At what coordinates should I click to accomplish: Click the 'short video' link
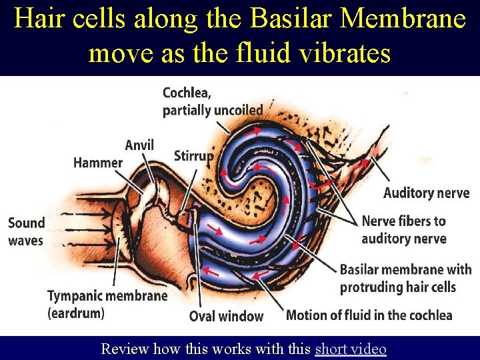coord(350,349)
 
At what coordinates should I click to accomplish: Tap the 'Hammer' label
coord(98,162)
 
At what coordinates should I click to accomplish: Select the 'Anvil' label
coord(139,145)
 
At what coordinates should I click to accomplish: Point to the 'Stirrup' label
coord(193,156)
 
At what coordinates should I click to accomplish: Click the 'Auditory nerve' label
coord(426,193)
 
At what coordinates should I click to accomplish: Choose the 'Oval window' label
coord(226,316)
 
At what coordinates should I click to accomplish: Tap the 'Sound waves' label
coord(26,231)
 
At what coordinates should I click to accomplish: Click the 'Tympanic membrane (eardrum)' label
coord(107,303)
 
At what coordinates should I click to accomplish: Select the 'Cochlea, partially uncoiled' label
coord(212,101)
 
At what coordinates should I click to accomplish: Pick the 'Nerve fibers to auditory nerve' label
coord(403,229)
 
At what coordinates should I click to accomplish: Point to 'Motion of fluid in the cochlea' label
coord(369,315)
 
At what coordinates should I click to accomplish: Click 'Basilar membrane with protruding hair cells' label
coord(405,279)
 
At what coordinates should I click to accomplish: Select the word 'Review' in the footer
coord(125,349)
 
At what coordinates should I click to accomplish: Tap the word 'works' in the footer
coord(239,349)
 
